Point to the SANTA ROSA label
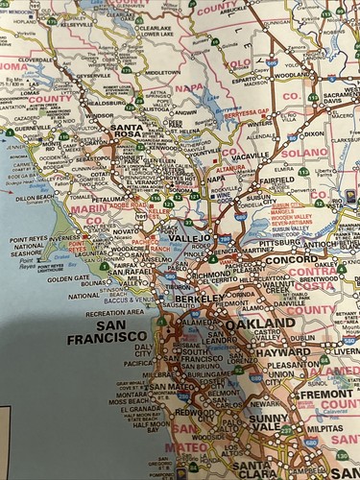(132, 128)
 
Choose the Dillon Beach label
(35, 198)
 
